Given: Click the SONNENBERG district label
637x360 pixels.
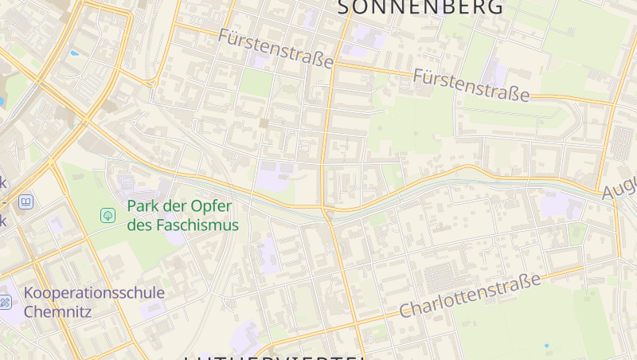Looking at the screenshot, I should [x=421, y=7].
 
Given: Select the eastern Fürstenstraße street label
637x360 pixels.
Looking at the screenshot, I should [x=471, y=85].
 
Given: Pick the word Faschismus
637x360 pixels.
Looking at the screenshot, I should [x=197, y=225].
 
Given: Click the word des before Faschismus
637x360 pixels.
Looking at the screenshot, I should [x=139, y=225].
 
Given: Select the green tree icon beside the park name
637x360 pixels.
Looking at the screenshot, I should [x=107, y=215].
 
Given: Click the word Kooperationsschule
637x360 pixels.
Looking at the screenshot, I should [x=94, y=292].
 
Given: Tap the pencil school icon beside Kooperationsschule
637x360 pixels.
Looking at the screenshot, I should [x=5, y=302].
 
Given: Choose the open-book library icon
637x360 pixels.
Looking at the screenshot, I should [x=26, y=202].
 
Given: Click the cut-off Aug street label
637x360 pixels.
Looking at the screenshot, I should [x=619, y=187].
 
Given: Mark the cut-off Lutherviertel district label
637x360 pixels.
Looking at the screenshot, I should [x=275, y=357].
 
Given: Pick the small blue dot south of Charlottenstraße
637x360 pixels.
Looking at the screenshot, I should [x=546, y=346].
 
